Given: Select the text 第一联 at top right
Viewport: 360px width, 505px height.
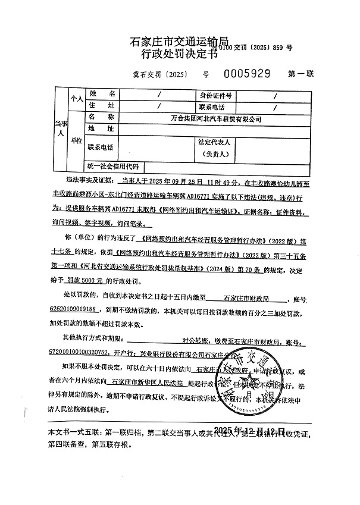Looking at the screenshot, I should [301, 75].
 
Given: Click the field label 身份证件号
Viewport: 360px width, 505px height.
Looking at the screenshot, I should [215, 95].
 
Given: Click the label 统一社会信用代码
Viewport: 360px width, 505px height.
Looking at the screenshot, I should [112, 166].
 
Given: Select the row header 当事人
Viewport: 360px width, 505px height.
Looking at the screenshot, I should [58, 128].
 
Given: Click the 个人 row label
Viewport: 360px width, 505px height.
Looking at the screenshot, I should [76, 99].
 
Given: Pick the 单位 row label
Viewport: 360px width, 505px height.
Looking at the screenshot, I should [76, 140].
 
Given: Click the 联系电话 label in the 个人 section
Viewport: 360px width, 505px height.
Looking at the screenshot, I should [215, 106].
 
